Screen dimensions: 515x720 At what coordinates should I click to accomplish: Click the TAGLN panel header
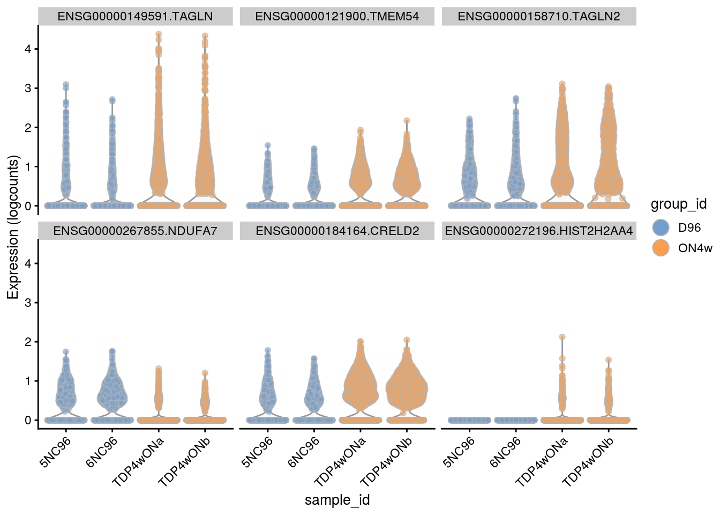[135, 16]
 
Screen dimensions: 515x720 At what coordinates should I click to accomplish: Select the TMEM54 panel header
[337, 16]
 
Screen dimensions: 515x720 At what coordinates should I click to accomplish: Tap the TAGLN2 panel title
[539, 16]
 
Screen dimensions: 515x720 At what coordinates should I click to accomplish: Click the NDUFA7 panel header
[135, 231]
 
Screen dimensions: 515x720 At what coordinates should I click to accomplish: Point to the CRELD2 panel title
[337, 231]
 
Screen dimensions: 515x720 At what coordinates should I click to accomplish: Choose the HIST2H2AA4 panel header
[539, 231]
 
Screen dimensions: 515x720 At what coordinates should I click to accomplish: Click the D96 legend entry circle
[663, 227]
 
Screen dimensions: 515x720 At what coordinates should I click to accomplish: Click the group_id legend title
[678, 204]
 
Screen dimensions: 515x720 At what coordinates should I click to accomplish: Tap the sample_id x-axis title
[337, 500]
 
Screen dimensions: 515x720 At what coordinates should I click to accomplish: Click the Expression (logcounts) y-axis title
[13, 227]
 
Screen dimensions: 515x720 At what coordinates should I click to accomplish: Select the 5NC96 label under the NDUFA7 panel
[56, 451]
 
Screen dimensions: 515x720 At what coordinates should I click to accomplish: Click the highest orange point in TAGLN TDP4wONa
[159, 34]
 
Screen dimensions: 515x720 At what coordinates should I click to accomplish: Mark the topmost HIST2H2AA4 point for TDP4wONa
[562, 337]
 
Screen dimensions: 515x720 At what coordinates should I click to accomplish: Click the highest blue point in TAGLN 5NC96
[66, 85]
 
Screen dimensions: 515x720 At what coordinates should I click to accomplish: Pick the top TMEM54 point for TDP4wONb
[407, 121]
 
